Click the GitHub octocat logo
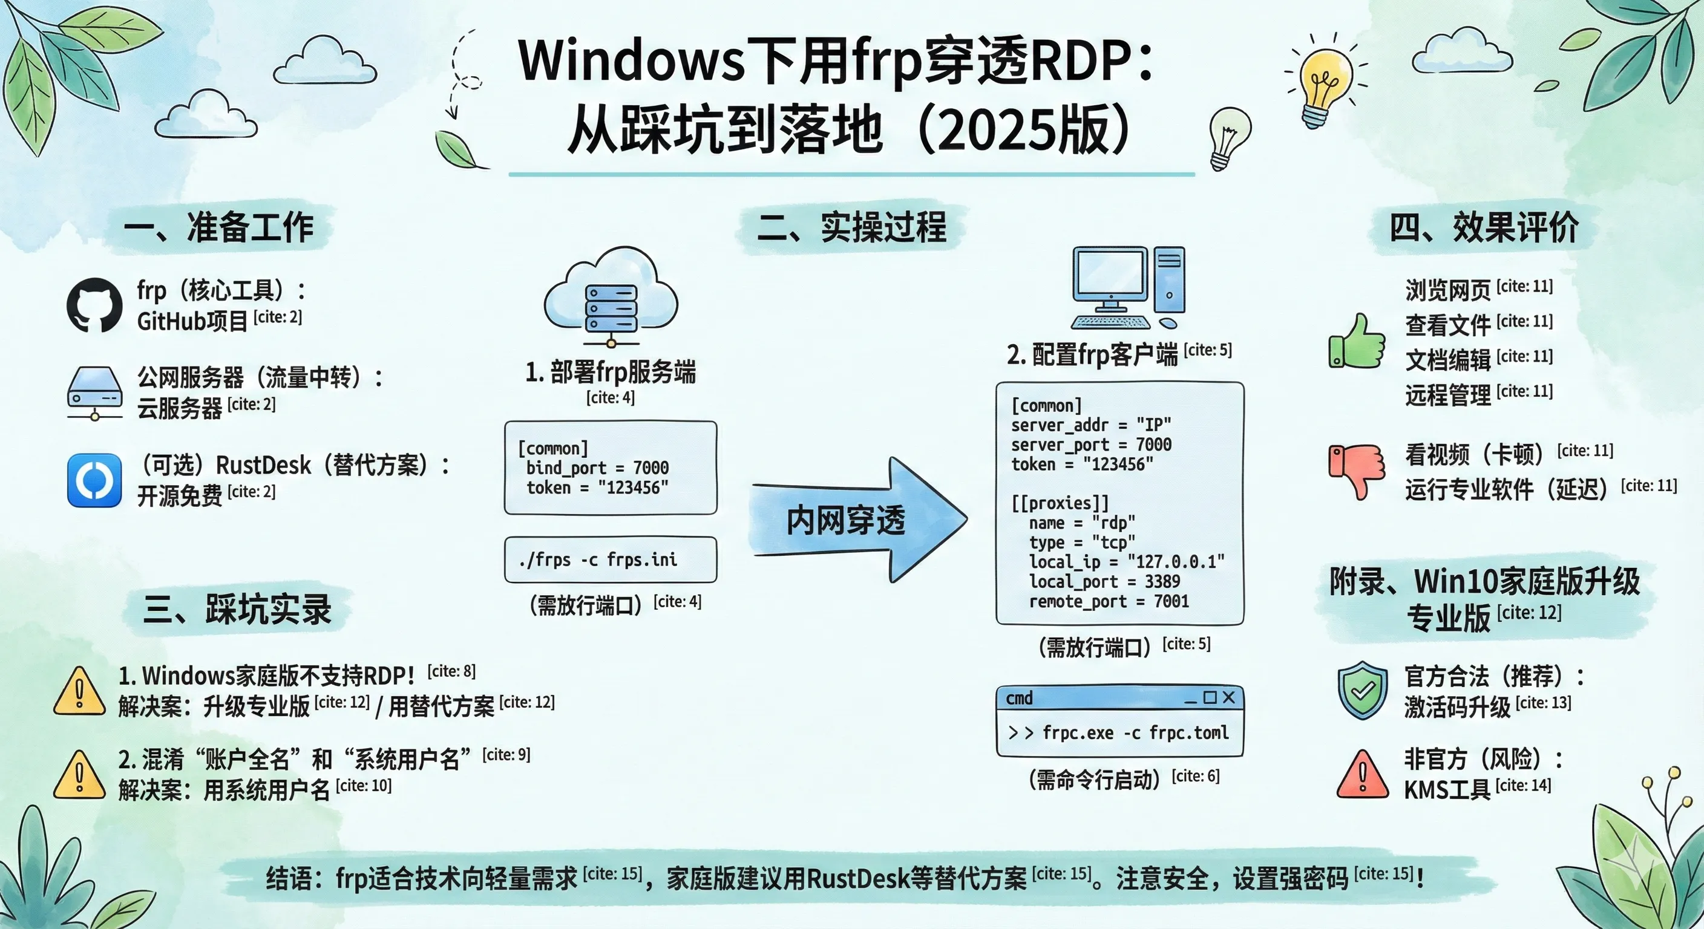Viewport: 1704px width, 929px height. click(94, 305)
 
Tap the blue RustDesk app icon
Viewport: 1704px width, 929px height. click(94, 480)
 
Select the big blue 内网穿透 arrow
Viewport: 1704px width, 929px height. click(859, 520)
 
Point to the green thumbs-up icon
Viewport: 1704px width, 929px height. click(1357, 341)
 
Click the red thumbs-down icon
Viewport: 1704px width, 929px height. click(1357, 471)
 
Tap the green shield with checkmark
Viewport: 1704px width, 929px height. click(1362, 689)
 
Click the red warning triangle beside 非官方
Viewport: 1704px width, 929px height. click(1363, 774)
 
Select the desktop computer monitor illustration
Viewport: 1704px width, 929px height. click(1128, 288)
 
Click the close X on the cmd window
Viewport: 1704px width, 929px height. click(1229, 697)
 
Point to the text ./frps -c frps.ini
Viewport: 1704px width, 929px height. click(598, 560)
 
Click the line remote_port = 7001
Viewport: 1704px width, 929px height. click(1109, 602)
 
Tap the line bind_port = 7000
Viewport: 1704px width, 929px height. click(597, 468)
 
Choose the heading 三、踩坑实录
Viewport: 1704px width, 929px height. click(237, 609)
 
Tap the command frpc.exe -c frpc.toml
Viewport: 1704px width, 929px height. click(1136, 733)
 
